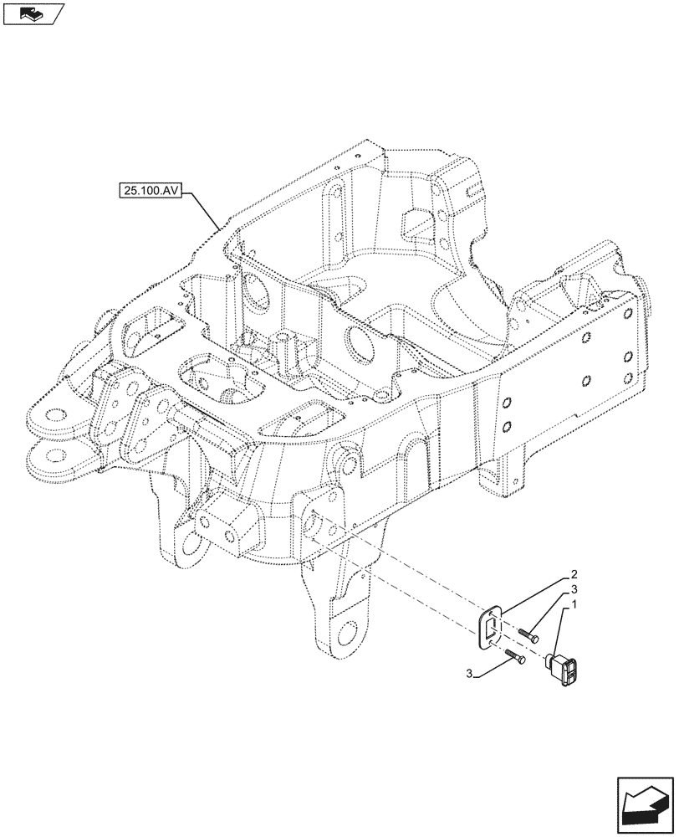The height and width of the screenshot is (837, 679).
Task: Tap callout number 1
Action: tap(575, 603)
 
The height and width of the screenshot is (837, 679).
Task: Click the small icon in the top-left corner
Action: tap(33, 13)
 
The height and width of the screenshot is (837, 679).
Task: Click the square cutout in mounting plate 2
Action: tap(493, 626)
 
